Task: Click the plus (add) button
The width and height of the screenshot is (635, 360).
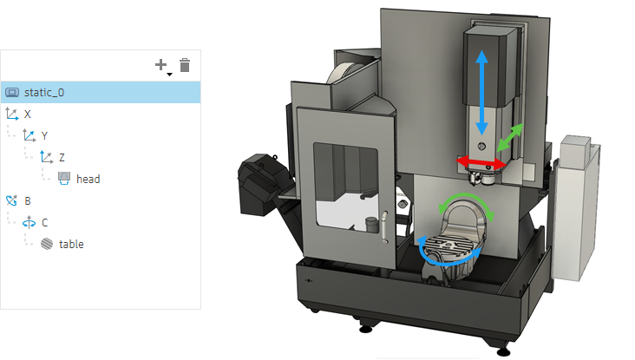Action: [x=161, y=64]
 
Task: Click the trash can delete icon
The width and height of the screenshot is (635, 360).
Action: [x=185, y=65]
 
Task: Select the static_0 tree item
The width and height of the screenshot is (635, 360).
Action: [x=44, y=92]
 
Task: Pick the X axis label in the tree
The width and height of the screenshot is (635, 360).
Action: [x=28, y=115]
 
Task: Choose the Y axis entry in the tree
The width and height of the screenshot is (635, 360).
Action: [x=44, y=135]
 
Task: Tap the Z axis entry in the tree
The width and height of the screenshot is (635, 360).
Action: [x=62, y=158]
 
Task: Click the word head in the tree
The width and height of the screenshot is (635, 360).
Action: [x=88, y=179]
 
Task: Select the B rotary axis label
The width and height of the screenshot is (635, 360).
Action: [x=28, y=201]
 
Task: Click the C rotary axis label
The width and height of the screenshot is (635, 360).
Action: [x=44, y=223]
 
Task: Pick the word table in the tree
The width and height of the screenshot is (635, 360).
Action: [x=71, y=244]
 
